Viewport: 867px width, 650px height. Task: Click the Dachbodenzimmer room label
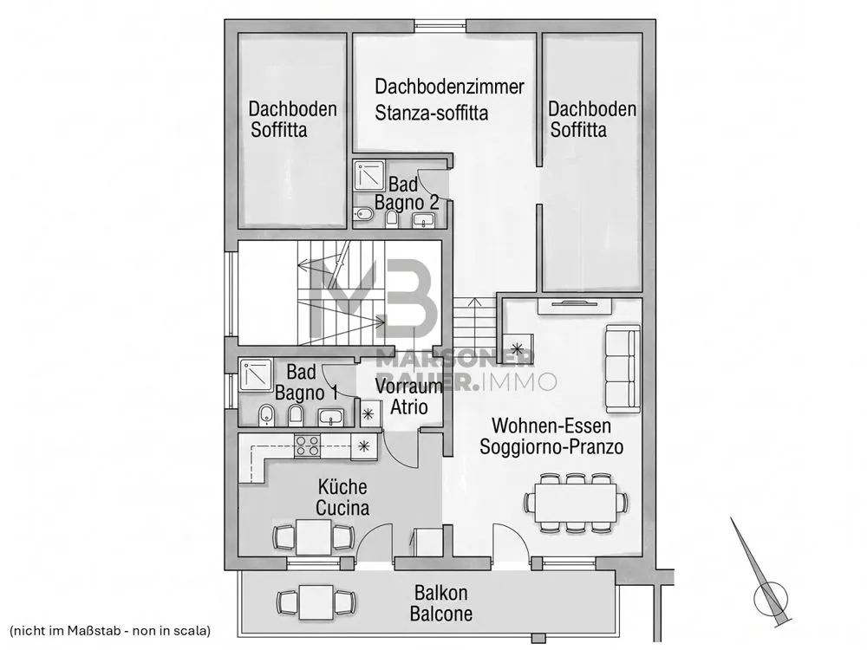tap(449, 87)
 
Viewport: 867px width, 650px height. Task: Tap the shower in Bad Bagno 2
tap(369, 176)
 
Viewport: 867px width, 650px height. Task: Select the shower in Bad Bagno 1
tap(256, 375)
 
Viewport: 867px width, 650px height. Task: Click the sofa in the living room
tap(623, 368)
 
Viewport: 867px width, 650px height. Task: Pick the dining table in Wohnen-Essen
tap(576, 503)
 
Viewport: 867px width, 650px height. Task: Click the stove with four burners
tap(307, 446)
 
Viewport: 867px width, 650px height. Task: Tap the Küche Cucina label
tap(342, 497)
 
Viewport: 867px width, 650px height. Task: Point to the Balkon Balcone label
tap(441, 603)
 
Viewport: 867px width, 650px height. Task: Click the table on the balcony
tap(316, 602)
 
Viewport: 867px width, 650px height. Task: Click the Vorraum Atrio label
tap(409, 396)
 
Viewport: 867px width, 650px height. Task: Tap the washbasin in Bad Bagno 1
tap(331, 417)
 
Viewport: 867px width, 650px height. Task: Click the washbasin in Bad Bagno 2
tap(424, 220)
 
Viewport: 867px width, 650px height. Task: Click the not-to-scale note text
tap(111, 630)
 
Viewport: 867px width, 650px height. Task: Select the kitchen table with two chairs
tap(314, 536)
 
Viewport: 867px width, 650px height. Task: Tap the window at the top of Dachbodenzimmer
tap(440, 25)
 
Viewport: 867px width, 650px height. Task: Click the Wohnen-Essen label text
tap(551, 426)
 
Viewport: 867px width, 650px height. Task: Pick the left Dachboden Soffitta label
tap(292, 120)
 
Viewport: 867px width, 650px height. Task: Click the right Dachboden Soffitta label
tap(591, 120)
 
